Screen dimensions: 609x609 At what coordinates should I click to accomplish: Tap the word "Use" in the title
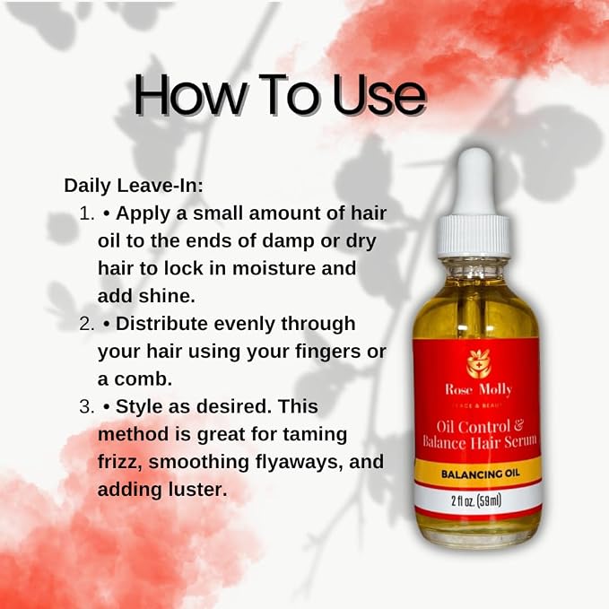(x=378, y=95)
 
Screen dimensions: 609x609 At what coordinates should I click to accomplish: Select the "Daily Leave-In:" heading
(x=134, y=186)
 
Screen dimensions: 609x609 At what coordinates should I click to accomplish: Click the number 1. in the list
(x=87, y=213)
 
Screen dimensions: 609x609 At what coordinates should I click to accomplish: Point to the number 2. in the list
(x=87, y=324)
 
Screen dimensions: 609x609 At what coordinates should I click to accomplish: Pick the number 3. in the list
(x=87, y=406)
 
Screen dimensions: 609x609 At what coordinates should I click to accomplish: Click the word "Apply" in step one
(x=143, y=214)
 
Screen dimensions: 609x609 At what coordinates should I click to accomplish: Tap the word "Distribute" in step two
(x=161, y=324)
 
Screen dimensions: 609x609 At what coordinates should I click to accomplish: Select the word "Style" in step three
(x=139, y=407)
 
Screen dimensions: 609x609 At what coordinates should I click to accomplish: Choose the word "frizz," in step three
(x=120, y=462)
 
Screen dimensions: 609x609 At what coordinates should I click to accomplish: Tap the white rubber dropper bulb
(x=474, y=182)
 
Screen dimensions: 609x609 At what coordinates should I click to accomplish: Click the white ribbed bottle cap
(x=474, y=236)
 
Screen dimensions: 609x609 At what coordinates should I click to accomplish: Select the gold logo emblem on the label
(x=479, y=364)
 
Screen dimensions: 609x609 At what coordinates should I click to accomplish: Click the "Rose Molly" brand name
(x=479, y=389)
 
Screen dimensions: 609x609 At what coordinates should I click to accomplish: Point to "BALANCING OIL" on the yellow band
(x=481, y=474)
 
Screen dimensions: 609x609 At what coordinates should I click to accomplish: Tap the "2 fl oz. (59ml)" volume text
(x=476, y=500)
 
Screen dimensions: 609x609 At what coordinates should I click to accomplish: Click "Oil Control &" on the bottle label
(x=481, y=427)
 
